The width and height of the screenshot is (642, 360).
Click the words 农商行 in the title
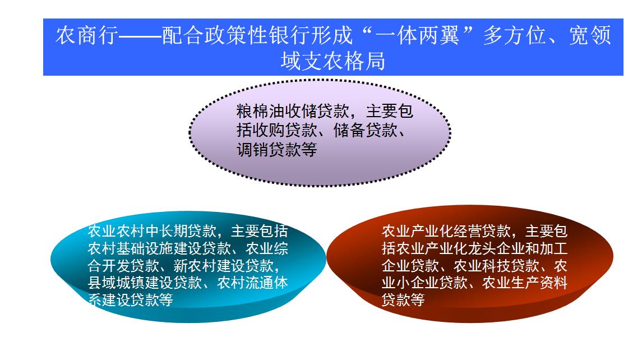pyautogui.click(x=87, y=35)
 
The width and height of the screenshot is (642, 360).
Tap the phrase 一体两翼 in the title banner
pyautogui.click(x=418, y=35)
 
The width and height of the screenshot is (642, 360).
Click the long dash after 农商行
pyautogui.click(x=140, y=36)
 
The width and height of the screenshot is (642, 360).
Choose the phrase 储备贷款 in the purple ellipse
pyautogui.click(x=365, y=130)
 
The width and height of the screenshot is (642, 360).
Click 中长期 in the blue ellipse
pyautogui.click(x=166, y=232)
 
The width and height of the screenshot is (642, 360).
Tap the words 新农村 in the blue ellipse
pyautogui.click(x=195, y=266)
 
